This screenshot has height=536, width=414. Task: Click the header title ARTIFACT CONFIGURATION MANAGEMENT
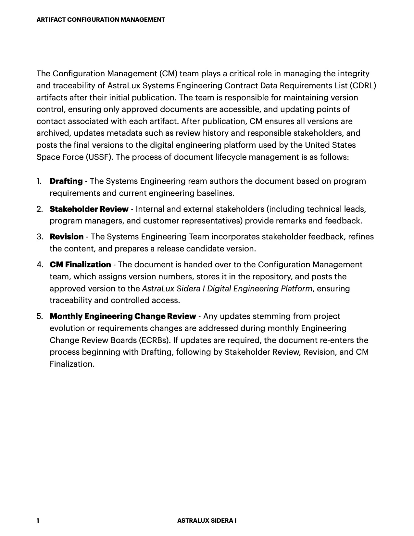tap(101, 20)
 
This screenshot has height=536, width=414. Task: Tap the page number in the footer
tap(38, 520)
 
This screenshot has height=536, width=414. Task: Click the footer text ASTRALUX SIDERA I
tap(207, 520)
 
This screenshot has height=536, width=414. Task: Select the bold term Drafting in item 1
tap(66, 181)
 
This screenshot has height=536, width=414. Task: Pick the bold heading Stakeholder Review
tap(89, 209)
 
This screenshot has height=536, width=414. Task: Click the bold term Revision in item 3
tap(67, 237)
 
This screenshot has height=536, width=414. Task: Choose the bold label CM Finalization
tap(80, 265)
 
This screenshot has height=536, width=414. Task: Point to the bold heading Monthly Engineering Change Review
tap(123, 316)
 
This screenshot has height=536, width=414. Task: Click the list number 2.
tap(39, 209)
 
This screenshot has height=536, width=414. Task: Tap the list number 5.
tap(39, 316)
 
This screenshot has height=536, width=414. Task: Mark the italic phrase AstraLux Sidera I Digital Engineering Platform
tap(227, 289)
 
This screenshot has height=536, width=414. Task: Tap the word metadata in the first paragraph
tap(124, 133)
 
